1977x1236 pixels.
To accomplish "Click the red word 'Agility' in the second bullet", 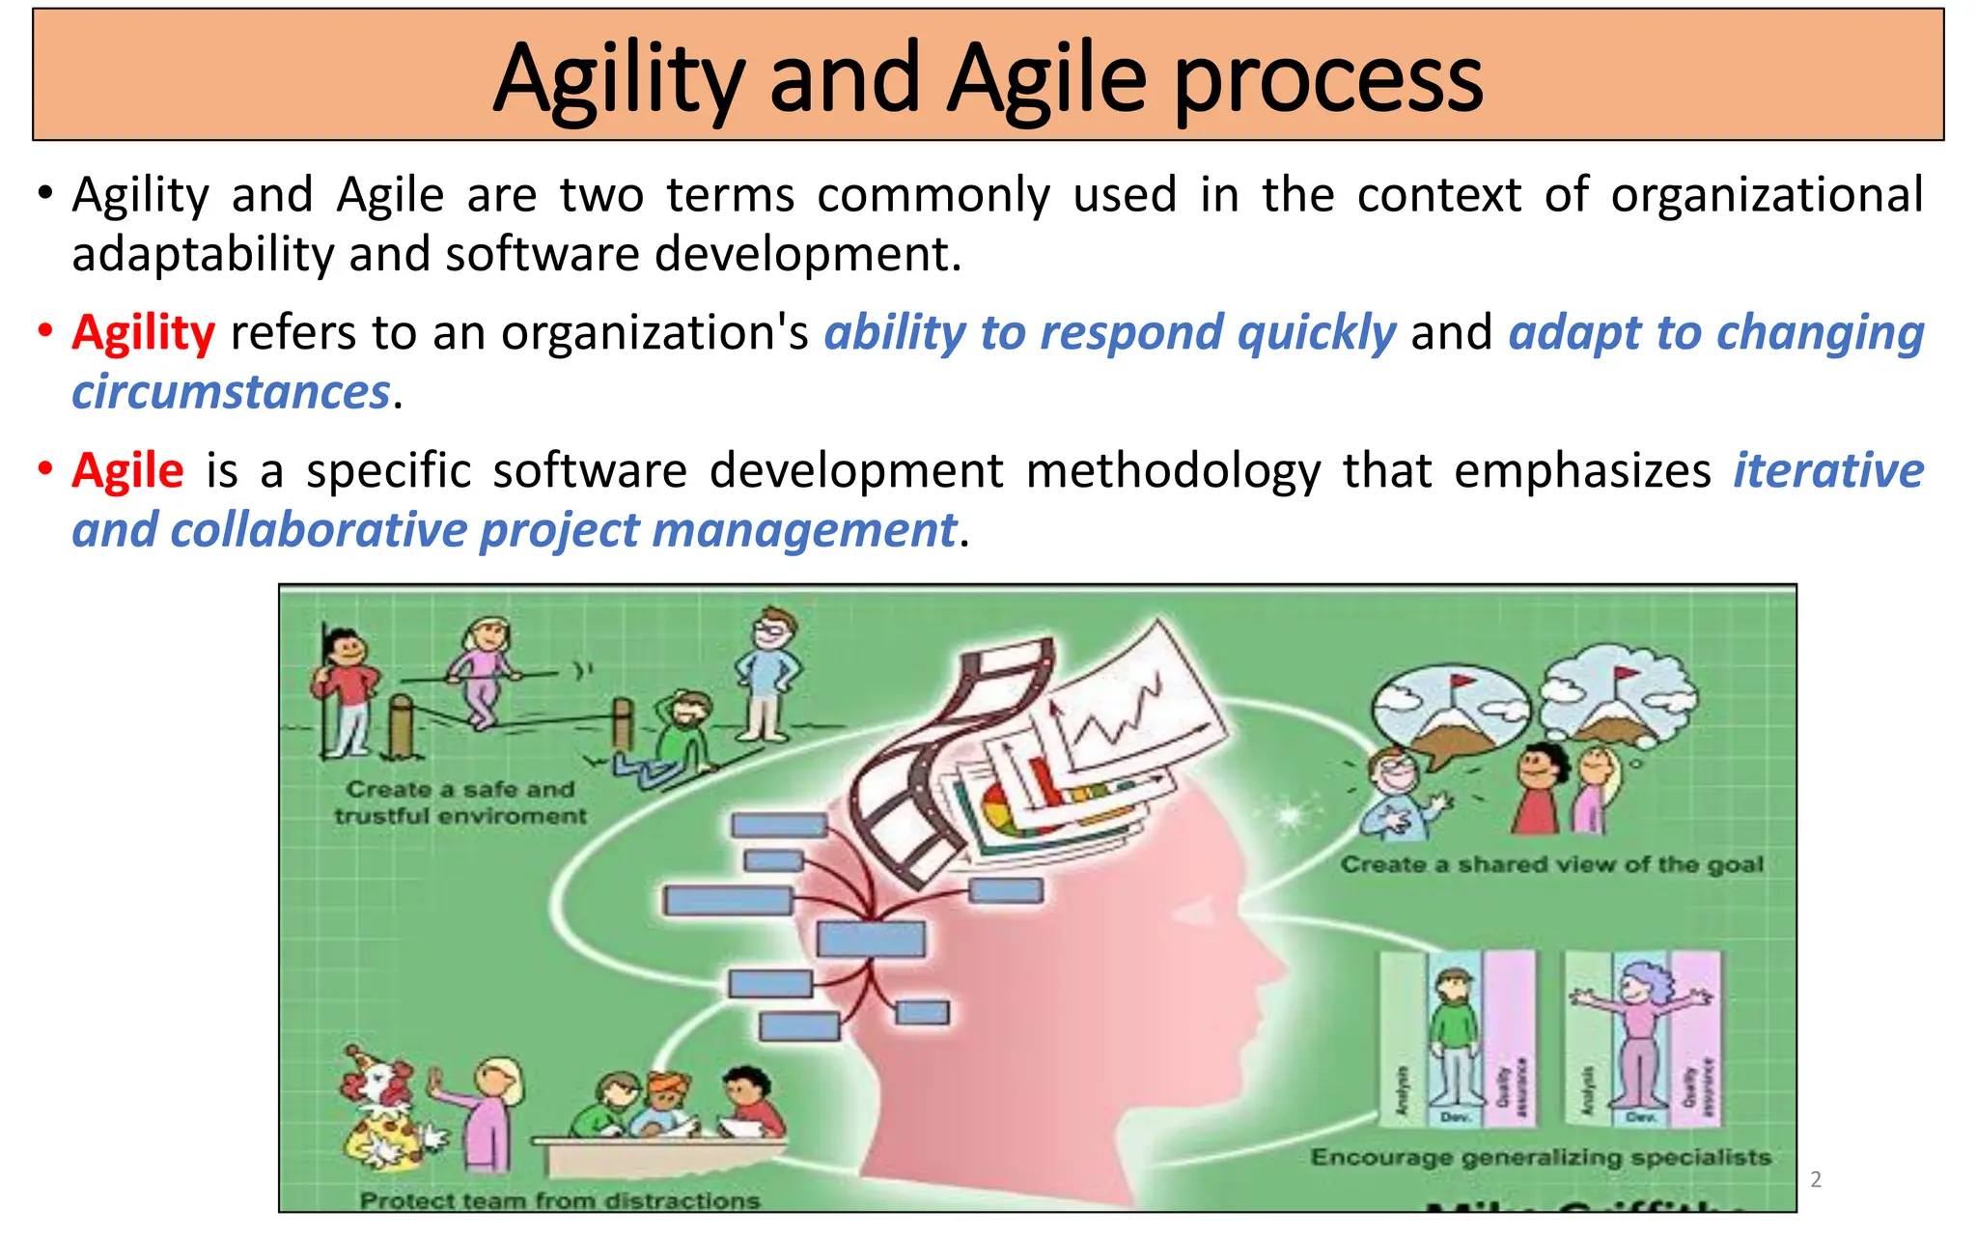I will coord(143,333).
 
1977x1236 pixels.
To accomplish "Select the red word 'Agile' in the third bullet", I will coord(127,471).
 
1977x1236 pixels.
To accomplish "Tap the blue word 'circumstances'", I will coord(231,393).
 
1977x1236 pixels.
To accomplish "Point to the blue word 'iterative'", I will coord(1827,471).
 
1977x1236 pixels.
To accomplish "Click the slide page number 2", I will coord(1815,1179).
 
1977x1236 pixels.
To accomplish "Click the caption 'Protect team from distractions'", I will coord(560,1200).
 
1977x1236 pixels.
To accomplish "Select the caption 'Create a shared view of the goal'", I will coord(1551,864).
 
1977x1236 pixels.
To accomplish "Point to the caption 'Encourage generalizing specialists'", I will coord(1541,1157).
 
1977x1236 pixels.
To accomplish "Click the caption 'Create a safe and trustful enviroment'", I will coord(460,802).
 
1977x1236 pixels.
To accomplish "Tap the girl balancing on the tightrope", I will coord(480,671).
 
